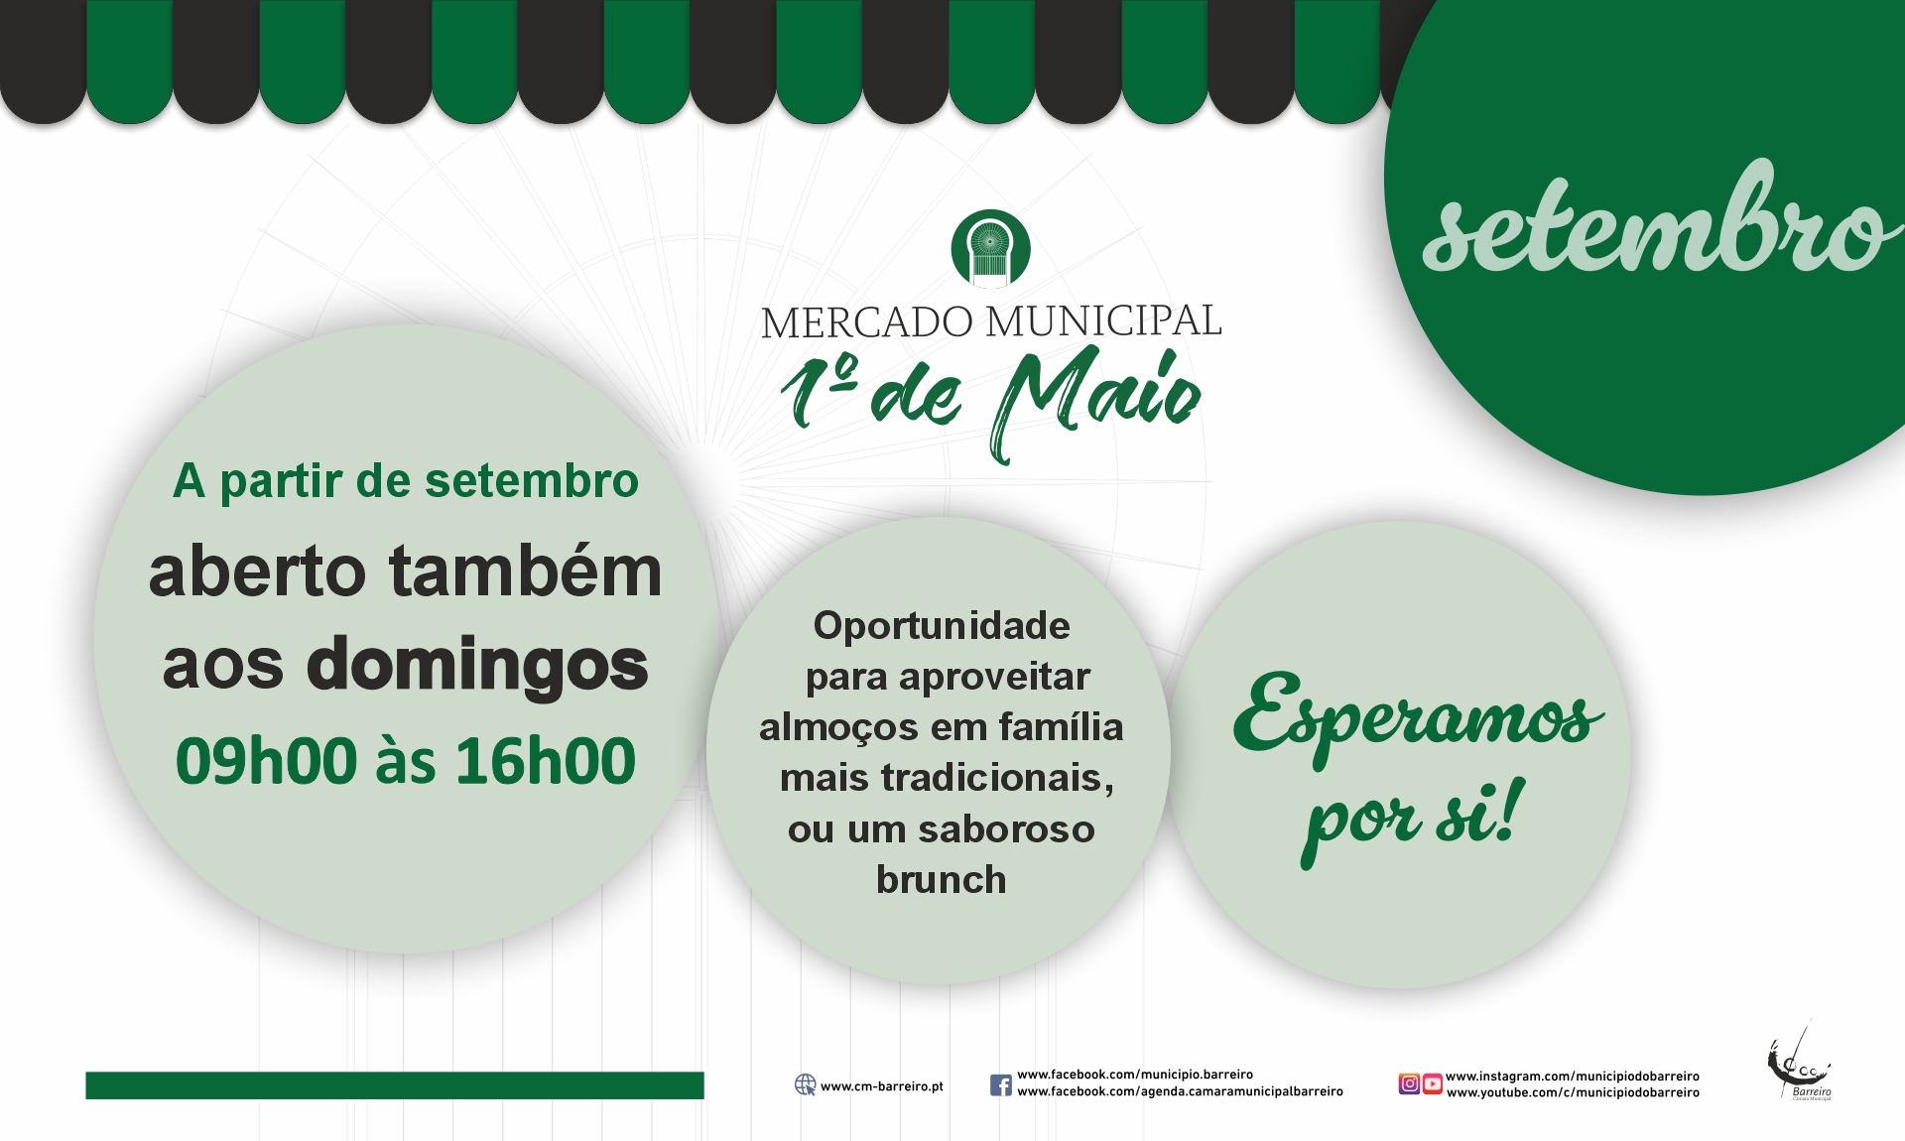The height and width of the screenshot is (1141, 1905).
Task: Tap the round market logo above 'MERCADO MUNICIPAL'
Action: point(990,248)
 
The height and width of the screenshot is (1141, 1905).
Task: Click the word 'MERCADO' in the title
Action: point(866,322)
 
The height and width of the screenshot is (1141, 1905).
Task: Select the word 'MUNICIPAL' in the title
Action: point(1103,321)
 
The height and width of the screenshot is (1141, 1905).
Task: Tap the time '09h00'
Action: point(266,762)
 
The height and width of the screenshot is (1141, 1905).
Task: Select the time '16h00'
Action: point(546,762)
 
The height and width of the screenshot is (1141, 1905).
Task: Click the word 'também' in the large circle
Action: point(525,572)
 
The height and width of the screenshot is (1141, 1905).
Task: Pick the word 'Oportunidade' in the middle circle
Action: point(942,626)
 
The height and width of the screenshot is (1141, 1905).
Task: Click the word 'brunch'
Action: point(941,880)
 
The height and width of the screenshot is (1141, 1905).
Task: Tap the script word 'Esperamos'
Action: point(1417,714)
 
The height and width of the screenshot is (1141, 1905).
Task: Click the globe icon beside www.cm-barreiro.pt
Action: point(805,1084)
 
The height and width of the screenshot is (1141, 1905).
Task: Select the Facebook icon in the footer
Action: point(1001,1084)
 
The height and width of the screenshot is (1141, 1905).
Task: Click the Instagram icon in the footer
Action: point(1409,1083)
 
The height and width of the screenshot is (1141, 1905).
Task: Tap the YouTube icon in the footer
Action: point(1433,1083)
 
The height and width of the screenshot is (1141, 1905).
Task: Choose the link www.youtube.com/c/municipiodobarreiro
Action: point(1573,1092)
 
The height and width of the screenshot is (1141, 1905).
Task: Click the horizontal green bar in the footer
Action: point(395,1084)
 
